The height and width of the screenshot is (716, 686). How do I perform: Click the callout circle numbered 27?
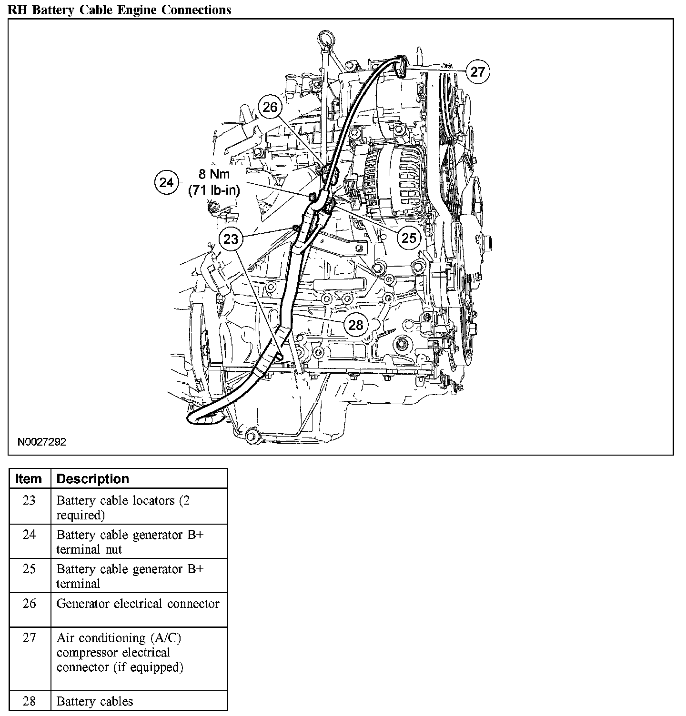[477, 71]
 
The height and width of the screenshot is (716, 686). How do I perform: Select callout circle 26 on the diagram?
[270, 107]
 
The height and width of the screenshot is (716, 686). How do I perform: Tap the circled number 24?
[166, 182]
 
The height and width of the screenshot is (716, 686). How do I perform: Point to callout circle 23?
[231, 239]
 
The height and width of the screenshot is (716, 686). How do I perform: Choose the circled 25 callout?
[409, 238]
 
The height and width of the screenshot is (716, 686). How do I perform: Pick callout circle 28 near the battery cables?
[356, 325]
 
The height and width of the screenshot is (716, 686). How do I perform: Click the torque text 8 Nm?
[214, 175]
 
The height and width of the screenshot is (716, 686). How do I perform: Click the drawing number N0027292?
[42, 442]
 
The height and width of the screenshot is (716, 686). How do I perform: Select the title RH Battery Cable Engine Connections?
[119, 9]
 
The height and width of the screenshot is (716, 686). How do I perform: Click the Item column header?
[29, 478]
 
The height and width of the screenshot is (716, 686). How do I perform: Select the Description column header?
[93, 478]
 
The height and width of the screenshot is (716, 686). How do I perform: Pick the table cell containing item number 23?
[29, 500]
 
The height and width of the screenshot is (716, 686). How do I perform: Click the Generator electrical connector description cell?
[138, 604]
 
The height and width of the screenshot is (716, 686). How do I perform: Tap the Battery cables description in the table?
[95, 701]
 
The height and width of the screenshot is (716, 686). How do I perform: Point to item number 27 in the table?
[29, 637]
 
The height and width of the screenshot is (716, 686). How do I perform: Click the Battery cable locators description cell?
[123, 507]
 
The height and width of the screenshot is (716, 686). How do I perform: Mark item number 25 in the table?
[29, 569]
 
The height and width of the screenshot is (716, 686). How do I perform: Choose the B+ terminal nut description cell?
[130, 542]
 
